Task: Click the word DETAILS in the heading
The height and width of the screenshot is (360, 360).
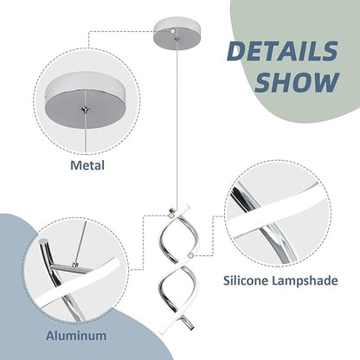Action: point(283,51)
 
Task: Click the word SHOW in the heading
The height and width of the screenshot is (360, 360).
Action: point(297,82)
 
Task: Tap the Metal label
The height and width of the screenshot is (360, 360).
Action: point(87,165)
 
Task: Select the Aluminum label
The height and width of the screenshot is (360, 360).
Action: point(76,336)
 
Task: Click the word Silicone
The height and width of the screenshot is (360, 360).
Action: point(246,280)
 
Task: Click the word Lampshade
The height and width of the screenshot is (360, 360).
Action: point(305,280)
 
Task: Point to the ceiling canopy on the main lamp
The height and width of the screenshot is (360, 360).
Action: point(177,34)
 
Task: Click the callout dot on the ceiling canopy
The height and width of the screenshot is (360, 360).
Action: point(173,30)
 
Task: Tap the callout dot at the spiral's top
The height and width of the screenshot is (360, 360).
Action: point(171,215)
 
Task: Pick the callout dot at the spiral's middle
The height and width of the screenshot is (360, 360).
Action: point(190,255)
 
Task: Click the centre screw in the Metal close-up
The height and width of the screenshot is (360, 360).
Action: point(86,109)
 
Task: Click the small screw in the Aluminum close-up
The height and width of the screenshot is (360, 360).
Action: point(75,264)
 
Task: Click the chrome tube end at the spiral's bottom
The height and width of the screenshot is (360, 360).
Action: point(189,324)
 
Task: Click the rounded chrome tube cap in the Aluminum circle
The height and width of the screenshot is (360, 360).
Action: point(44,241)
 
